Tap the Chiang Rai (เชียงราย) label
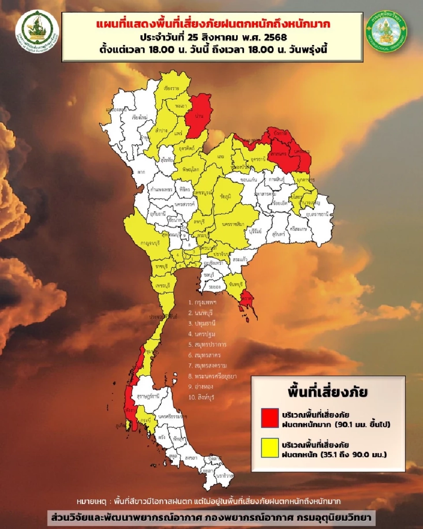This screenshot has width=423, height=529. coord(171,88)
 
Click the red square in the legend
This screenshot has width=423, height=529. coord(269,417)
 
